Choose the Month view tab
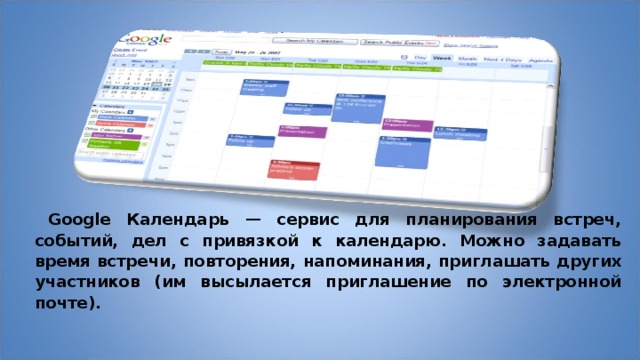click(x=466, y=59)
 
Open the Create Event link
click(x=125, y=50)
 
